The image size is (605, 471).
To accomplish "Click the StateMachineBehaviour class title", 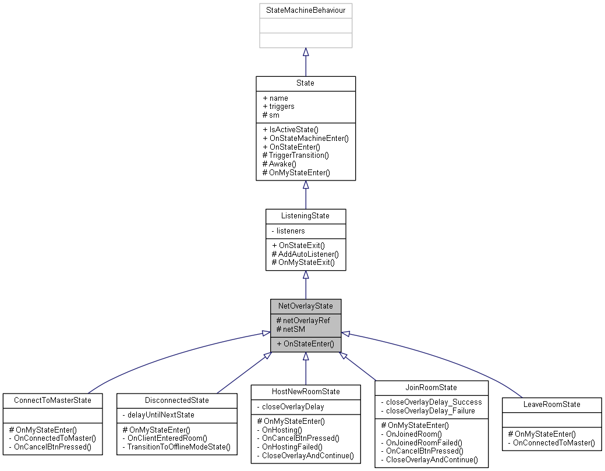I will [x=305, y=10].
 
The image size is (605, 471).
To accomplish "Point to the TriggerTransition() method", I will [x=296, y=155].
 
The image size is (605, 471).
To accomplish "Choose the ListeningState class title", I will [x=305, y=216].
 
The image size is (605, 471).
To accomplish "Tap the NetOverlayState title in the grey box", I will [x=305, y=306].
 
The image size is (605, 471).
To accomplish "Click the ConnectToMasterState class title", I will [x=52, y=401].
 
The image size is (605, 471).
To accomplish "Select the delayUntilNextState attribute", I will [x=159, y=415].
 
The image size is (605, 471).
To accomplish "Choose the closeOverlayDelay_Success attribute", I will [x=430, y=402].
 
